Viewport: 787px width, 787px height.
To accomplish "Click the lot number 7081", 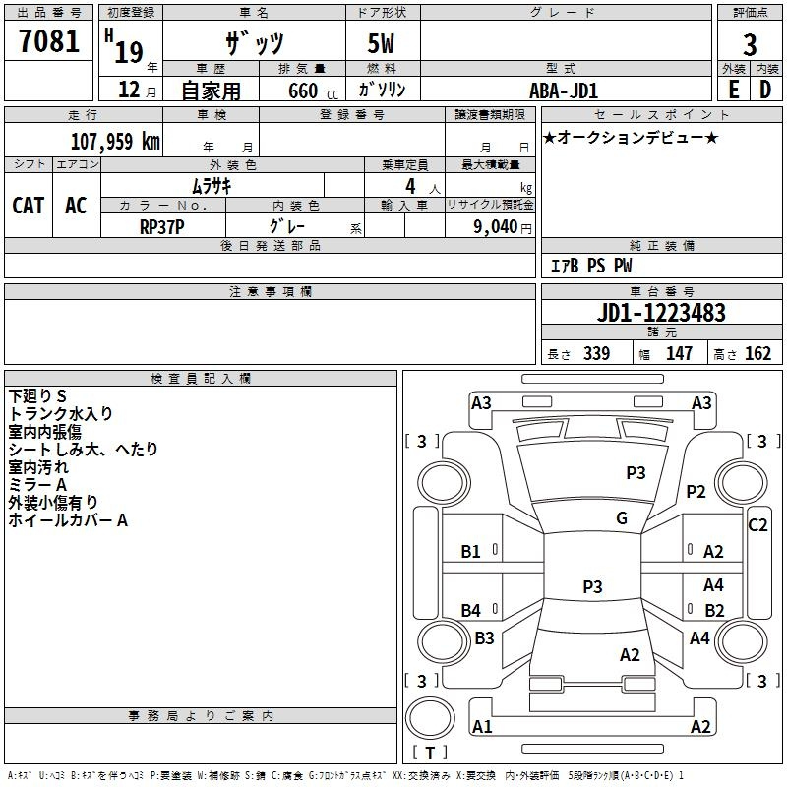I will coord(48,42).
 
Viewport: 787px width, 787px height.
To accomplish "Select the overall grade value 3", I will coord(750,45).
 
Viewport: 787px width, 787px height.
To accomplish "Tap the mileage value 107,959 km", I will coord(115,142).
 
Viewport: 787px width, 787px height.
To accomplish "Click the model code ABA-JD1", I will coord(564,91).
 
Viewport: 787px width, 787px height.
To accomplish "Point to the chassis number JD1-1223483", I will coord(661,313).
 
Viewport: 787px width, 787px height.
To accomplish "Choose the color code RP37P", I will coord(162,225).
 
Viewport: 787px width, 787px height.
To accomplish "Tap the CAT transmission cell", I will coord(28,206).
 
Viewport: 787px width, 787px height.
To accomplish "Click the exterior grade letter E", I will coord(733,90).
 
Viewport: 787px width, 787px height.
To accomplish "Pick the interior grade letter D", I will coord(765,90).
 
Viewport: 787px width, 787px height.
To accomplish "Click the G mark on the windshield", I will coord(621,518).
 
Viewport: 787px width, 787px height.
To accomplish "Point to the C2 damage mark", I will coord(757,525).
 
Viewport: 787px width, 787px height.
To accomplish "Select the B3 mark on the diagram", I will coord(484,638).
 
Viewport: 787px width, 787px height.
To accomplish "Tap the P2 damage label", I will coord(696,492).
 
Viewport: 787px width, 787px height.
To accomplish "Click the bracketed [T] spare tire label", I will coord(429,753).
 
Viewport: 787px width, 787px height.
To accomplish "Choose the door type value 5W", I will coord(383,45).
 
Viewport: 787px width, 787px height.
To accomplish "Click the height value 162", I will coord(757,354).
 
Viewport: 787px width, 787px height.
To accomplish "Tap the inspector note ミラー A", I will coord(37,485).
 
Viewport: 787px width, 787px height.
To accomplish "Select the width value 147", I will coord(679,354).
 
